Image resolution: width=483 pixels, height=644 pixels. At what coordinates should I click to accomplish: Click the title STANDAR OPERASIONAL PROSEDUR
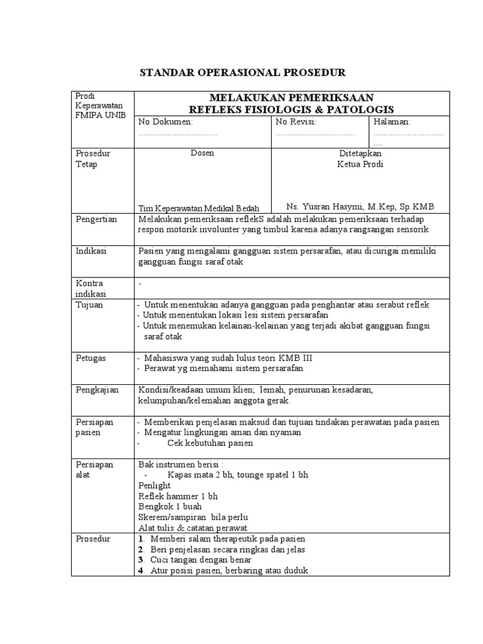tap(242, 72)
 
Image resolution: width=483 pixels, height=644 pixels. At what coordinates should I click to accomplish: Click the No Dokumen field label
tap(166, 121)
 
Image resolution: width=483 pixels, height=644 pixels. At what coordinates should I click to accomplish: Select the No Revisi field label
tap(296, 121)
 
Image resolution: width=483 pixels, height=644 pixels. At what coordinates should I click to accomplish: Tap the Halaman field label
tap(392, 121)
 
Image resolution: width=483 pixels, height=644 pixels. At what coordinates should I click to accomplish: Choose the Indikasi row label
tap(91, 250)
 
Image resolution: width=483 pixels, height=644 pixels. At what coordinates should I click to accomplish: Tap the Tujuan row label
tap(89, 304)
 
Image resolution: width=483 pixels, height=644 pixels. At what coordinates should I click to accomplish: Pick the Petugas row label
tap(91, 358)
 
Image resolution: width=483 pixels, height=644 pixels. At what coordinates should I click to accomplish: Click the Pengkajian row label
tap(97, 390)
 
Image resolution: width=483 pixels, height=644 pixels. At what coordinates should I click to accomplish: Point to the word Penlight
tap(153, 486)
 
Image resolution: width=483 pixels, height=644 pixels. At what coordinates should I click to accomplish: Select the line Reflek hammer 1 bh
tap(178, 496)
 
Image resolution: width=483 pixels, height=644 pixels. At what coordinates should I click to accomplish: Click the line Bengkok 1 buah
tap(170, 507)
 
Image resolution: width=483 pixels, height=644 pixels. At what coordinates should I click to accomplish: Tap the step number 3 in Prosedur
tap(140, 560)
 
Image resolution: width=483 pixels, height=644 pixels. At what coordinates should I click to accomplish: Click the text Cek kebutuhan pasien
tap(210, 443)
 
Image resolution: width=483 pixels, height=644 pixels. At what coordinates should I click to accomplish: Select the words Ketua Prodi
tap(360, 164)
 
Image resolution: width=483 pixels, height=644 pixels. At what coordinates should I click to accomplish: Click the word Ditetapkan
tap(360, 153)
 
